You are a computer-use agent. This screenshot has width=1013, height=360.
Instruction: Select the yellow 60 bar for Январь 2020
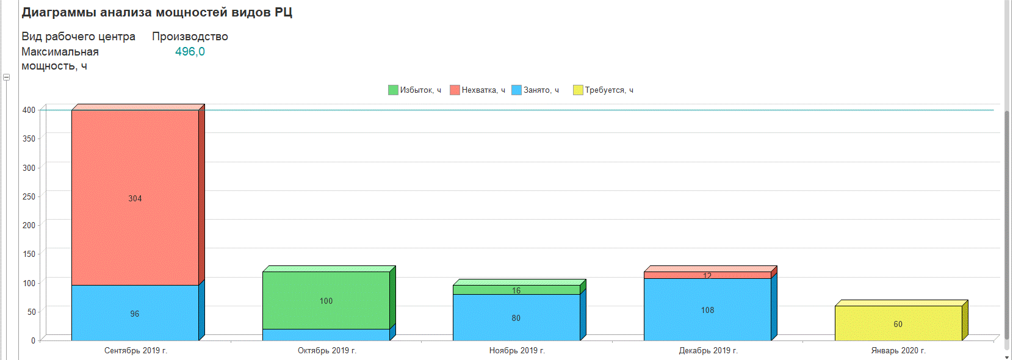coord(898,323)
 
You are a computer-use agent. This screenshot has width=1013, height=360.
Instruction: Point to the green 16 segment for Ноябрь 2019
coord(516,290)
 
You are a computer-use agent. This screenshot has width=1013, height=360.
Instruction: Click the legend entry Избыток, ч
coord(415,90)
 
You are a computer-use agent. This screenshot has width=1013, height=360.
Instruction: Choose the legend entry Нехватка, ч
coord(478,90)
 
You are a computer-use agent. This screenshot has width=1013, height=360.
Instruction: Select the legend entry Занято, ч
coord(536,90)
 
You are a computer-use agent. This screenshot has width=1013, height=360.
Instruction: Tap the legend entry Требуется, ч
coord(604,90)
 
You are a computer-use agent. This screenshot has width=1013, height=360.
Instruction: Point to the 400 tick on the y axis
coord(29,110)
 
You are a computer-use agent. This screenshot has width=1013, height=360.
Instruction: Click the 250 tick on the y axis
coord(29,196)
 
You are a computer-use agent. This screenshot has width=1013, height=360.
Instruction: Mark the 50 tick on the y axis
coord(32,312)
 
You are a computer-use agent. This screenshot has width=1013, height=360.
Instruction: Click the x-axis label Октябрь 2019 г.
coord(327,351)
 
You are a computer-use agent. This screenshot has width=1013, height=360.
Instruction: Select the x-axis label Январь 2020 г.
coord(898,351)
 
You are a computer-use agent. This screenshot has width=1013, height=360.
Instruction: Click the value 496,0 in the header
coord(190,52)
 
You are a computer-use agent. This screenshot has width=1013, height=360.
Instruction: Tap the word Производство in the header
coord(190,37)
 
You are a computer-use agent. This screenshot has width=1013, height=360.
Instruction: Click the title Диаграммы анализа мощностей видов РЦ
coord(157,12)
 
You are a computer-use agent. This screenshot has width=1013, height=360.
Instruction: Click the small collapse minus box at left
coord(6,77)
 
